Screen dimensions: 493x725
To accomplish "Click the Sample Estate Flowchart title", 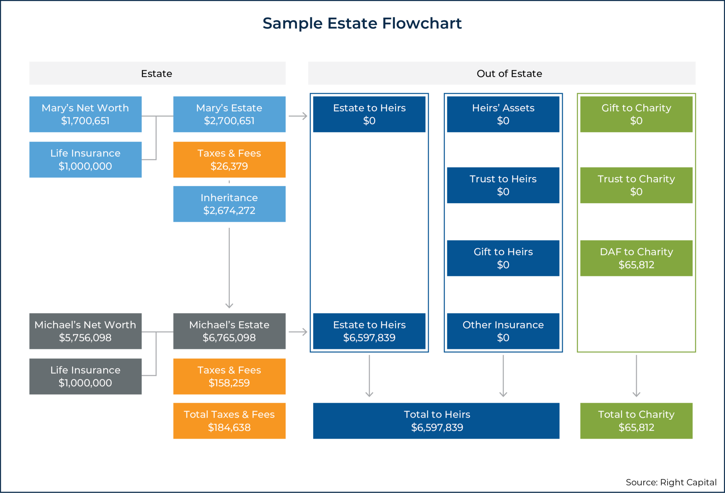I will click(362, 23).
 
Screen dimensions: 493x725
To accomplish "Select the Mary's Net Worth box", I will click(85, 114).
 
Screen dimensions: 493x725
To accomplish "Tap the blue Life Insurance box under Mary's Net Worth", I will click(85, 160).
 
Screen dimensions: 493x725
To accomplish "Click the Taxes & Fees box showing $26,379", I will click(229, 160).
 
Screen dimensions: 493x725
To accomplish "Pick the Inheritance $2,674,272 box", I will click(229, 204).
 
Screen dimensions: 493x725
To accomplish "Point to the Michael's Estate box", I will click(229, 331).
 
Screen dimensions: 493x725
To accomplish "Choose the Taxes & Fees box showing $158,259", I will click(229, 377).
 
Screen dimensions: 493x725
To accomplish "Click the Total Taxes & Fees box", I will click(229, 421).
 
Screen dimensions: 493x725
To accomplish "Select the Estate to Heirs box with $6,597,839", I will click(369, 331).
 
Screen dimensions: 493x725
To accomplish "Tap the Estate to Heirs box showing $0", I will click(369, 114).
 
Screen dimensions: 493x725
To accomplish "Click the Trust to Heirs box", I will click(503, 185).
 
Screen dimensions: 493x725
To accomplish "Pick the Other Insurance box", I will click(503, 331).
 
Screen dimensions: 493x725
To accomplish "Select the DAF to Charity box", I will click(636, 258).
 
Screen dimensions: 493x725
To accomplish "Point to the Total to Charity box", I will click(636, 421).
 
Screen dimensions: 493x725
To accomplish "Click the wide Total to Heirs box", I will click(436, 421).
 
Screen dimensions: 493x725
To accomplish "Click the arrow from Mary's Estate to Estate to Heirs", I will click(298, 116).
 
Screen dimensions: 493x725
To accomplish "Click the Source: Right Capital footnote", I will click(671, 482).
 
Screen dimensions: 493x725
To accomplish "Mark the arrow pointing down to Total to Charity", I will click(636, 376).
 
